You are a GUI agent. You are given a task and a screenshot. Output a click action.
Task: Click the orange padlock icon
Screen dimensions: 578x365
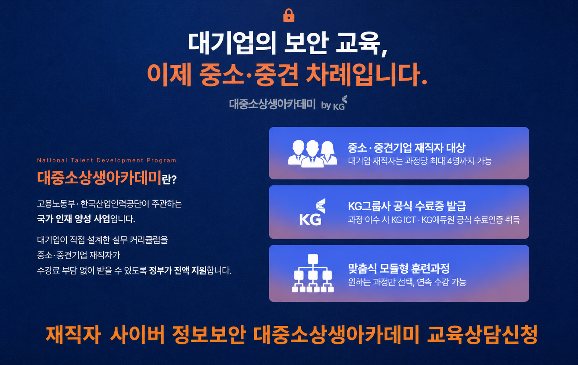pyautogui.click(x=289, y=15)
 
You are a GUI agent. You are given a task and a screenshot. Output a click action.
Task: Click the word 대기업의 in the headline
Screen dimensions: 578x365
pyautogui.click(x=232, y=43)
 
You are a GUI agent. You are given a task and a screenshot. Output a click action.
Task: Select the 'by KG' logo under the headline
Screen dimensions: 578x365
pyautogui.click(x=334, y=103)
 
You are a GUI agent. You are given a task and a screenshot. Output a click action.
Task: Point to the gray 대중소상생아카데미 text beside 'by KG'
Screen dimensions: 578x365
pyautogui.click(x=272, y=104)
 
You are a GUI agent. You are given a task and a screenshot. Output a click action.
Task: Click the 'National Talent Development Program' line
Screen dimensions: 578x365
pyautogui.click(x=107, y=160)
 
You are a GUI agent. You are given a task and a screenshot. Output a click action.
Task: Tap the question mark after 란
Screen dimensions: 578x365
pyautogui.click(x=174, y=179)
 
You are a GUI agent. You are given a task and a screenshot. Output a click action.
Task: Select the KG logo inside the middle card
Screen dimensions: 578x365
pyautogui.click(x=312, y=212)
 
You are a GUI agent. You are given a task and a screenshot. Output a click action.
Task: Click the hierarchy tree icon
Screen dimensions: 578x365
pyautogui.click(x=313, y=273)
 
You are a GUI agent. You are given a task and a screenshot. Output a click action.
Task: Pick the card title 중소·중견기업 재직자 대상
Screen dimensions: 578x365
pyautogui.click(x=407, y=148)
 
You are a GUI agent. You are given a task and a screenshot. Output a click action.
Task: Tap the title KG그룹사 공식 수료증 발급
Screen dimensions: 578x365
pyautogui.click(x=407, y=206)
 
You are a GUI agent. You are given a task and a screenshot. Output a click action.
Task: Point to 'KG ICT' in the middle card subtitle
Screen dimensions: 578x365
pyautogui.click(x=404, y=220)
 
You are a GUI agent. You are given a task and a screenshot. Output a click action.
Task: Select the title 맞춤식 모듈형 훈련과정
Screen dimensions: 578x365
pyautogui.click(x=399, y=269)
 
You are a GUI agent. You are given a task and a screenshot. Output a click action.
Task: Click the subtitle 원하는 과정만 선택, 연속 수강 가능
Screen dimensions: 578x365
pyautogui.click(x=407, y=282)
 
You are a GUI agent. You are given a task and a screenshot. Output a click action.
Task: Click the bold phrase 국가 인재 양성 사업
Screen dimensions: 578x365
pyautogui.click(x=74, y=219)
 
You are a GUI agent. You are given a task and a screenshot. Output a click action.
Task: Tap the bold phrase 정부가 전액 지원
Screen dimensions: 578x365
pyautogui.click(x=178, y=270)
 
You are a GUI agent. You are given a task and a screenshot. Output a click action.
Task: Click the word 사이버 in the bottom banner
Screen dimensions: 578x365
pyautogui.click(x=137, y=335)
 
